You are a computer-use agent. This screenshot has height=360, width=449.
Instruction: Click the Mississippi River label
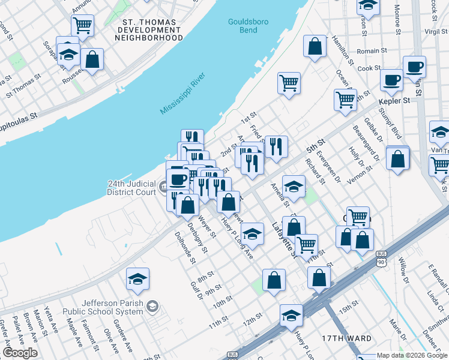[x=183, y=93]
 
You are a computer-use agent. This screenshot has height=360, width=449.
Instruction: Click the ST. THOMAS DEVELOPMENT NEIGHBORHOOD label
[x=149, y=30]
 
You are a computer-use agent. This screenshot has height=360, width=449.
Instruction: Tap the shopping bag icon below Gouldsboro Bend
[x=315, y=46]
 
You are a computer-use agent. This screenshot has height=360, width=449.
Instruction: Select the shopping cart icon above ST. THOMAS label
[x=82, y=26]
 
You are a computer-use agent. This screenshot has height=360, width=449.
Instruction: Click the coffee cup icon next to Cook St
[x=414, y=66]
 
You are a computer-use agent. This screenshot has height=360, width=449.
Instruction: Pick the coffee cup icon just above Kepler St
[x=391, y=80]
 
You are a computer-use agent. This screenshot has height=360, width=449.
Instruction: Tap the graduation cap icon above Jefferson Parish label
[x=137, y=279]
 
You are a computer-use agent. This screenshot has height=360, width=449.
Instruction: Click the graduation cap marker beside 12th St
[x=291, y=315]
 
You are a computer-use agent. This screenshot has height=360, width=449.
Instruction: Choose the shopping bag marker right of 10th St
[x=274, y=280]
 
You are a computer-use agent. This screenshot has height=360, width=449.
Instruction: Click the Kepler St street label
[x=394, y=101]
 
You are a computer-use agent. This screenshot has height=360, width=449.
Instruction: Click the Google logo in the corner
[x=20, y=352]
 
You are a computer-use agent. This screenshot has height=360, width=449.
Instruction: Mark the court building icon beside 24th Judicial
[x=164, y=188]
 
